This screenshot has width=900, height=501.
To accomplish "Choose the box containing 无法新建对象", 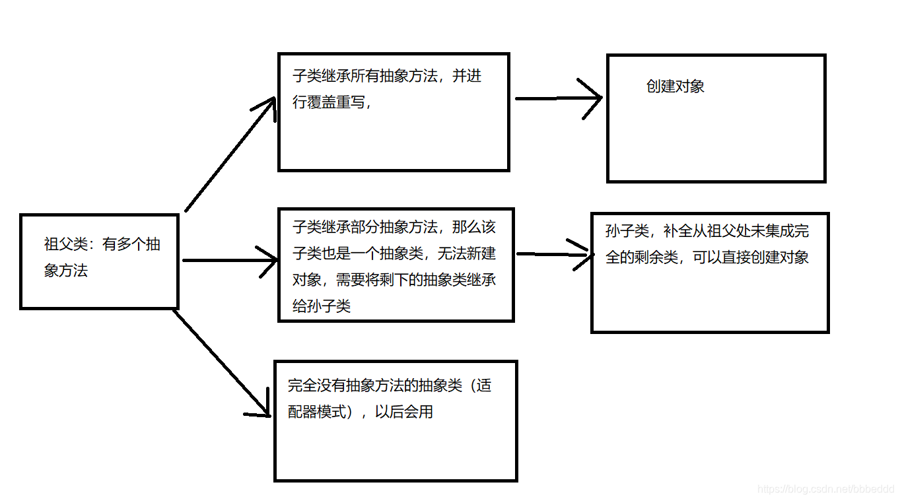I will pos(396,265).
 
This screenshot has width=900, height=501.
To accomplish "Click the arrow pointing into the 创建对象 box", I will pos(558,99).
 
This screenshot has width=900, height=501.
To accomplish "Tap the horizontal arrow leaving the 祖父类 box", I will pos(228,260).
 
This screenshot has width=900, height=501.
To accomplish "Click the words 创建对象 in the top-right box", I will pos(675,86).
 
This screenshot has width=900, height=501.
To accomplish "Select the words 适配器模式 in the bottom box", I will pos(317,413).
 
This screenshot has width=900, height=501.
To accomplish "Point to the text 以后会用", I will pos(404,413).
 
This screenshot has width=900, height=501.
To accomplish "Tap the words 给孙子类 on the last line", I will pos(322,306).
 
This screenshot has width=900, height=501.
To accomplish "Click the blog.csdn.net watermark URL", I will pos(825,489).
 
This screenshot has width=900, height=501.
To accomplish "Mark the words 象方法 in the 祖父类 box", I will pos(66,271).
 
